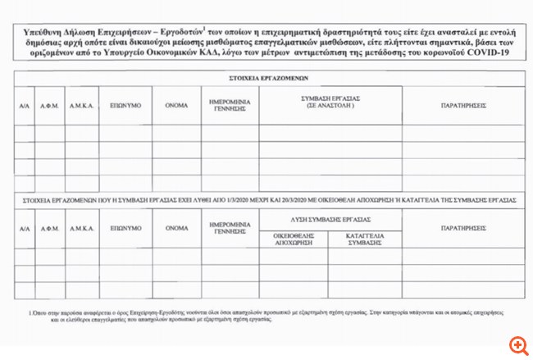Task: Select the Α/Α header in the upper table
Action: coord(24,106)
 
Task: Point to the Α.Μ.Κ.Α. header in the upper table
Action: coord(80,106)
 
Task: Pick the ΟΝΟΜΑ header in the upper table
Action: coord(175,106)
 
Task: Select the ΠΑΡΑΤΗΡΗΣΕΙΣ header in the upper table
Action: coord(463,106)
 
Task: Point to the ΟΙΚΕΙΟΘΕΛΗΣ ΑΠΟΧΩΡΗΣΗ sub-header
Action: coord(294,237)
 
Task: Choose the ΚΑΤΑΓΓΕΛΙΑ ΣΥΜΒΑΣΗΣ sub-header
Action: coord(364,237)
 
